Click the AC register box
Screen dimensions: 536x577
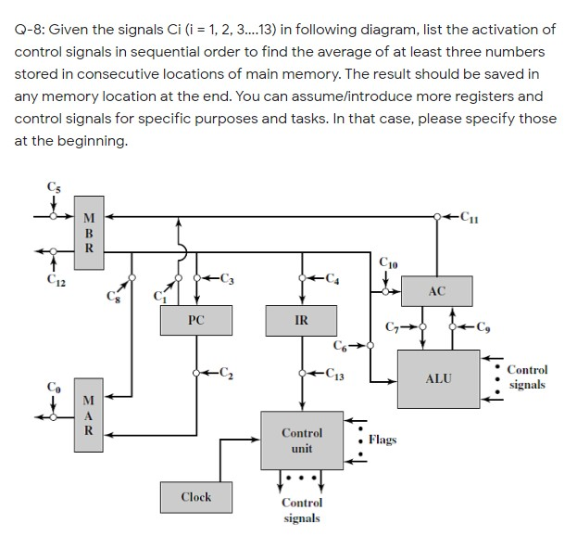pos(438,292)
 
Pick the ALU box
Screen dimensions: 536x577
pos(438,378)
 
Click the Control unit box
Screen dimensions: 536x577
pos(302,440)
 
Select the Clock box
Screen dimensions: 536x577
pos(196,497)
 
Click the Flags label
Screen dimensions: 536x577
pos(382,439)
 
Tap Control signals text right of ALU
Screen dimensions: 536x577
pos(527,376)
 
